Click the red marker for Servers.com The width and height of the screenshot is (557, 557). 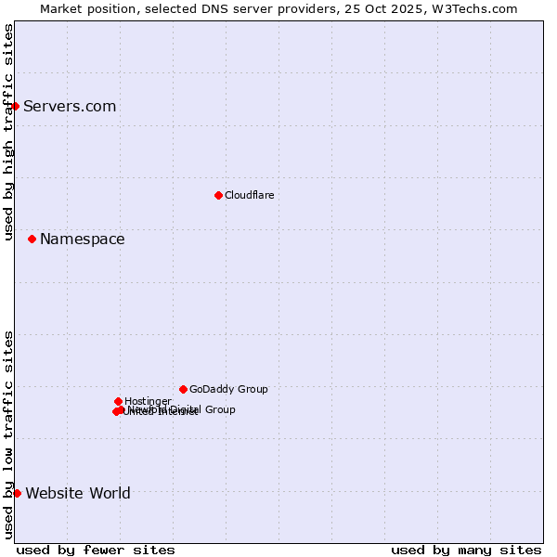pos(15,106)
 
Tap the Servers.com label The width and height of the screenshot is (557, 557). pos(70,107)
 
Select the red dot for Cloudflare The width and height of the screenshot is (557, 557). pos(218,195)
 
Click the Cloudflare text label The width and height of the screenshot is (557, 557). pos(249,195)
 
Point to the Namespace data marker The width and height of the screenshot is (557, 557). pos(32,239)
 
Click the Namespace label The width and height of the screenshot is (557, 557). pos(82,240)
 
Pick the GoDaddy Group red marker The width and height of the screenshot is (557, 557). pos(183,389)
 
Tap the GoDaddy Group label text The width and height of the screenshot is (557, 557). pos(228,389)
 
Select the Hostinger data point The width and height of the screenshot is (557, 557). pos(118,401)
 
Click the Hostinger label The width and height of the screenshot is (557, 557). pos(148,401)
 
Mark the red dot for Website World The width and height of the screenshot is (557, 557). pos(17,493)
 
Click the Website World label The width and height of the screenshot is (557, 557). pos(78,494)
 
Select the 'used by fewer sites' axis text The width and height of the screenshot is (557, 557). pos(96,550)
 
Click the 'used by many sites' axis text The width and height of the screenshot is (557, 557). pos(466,550)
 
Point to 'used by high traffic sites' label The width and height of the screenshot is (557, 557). pos(8,132)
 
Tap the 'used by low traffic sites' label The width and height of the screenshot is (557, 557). pos(8,434)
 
